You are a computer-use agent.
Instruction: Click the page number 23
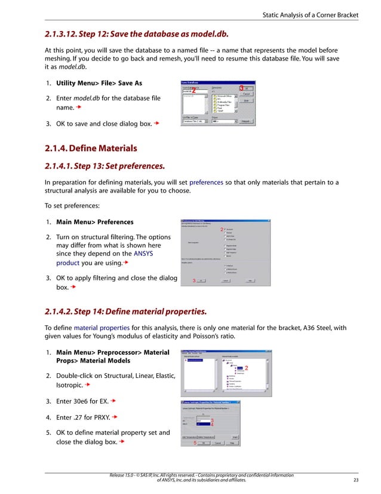pos(357,480)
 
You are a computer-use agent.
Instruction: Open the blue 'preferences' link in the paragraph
pos(207,182)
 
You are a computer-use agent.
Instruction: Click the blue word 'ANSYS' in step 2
pos(143,254)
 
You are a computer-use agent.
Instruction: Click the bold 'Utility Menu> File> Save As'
pos(99,83)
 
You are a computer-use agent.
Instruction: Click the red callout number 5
pos(195,443)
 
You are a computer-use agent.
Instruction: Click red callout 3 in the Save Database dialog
pos(241,88)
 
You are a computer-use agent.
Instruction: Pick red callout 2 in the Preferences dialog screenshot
pos(222,230)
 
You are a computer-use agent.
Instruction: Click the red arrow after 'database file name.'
pos(78,108)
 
